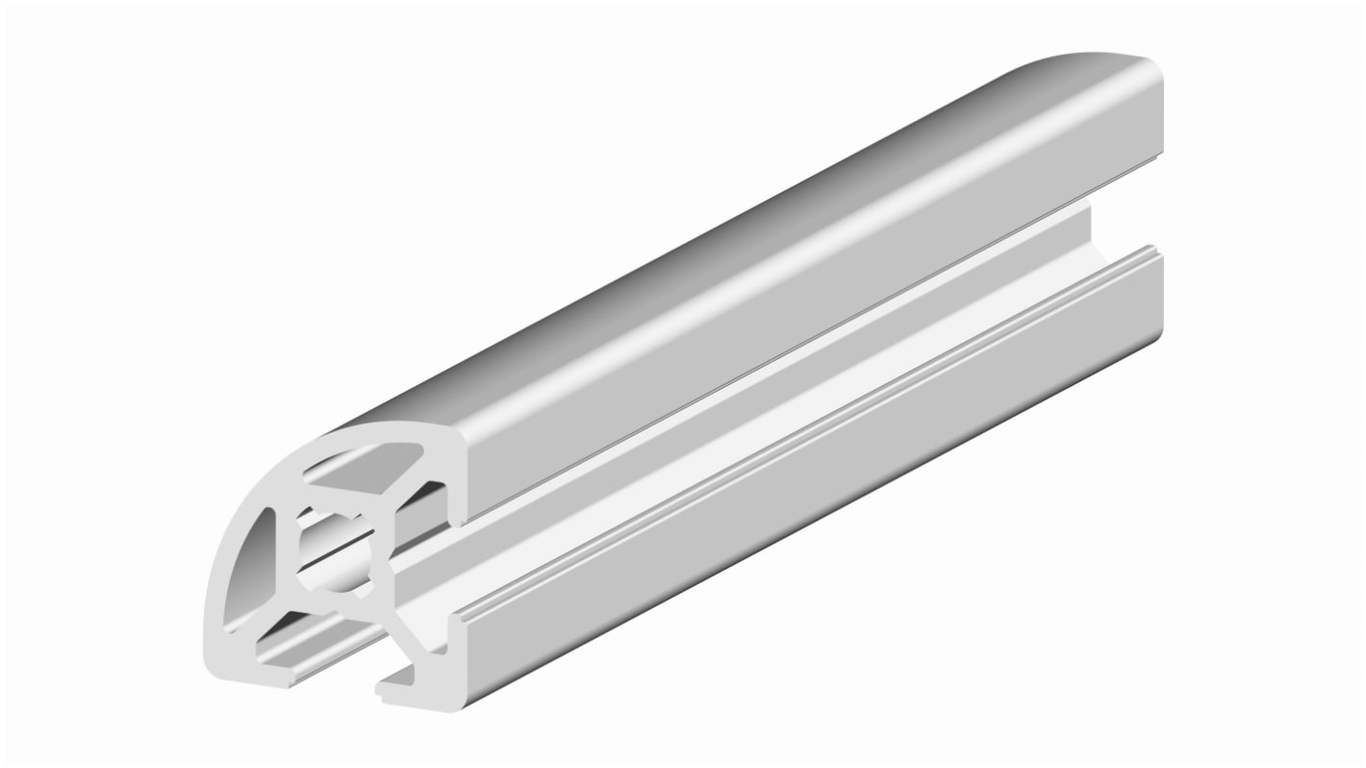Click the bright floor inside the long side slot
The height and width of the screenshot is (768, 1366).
click(770, 385)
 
